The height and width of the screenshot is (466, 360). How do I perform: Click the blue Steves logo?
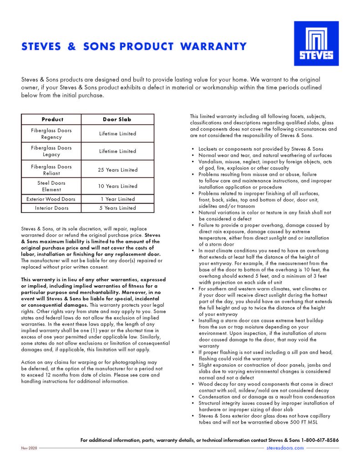(316, 43)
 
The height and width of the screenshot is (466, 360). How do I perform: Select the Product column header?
(52, 120)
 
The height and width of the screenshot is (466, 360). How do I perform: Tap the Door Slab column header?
(117, 120)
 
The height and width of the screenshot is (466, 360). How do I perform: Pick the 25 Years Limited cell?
(117, 170)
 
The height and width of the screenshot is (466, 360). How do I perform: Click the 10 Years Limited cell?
(117, 186)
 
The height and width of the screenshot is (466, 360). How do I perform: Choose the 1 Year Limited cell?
(117, 199)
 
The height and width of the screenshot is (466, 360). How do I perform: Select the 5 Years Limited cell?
(117, 208)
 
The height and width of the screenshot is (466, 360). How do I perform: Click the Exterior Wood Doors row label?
(51, 199)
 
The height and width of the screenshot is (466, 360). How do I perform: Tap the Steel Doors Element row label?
(51, 186)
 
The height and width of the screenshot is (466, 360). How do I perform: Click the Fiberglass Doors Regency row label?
(51, 134)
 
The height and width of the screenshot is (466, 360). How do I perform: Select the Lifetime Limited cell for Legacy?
(117, 151)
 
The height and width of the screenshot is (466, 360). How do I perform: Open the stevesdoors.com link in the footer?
(284, 448)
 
